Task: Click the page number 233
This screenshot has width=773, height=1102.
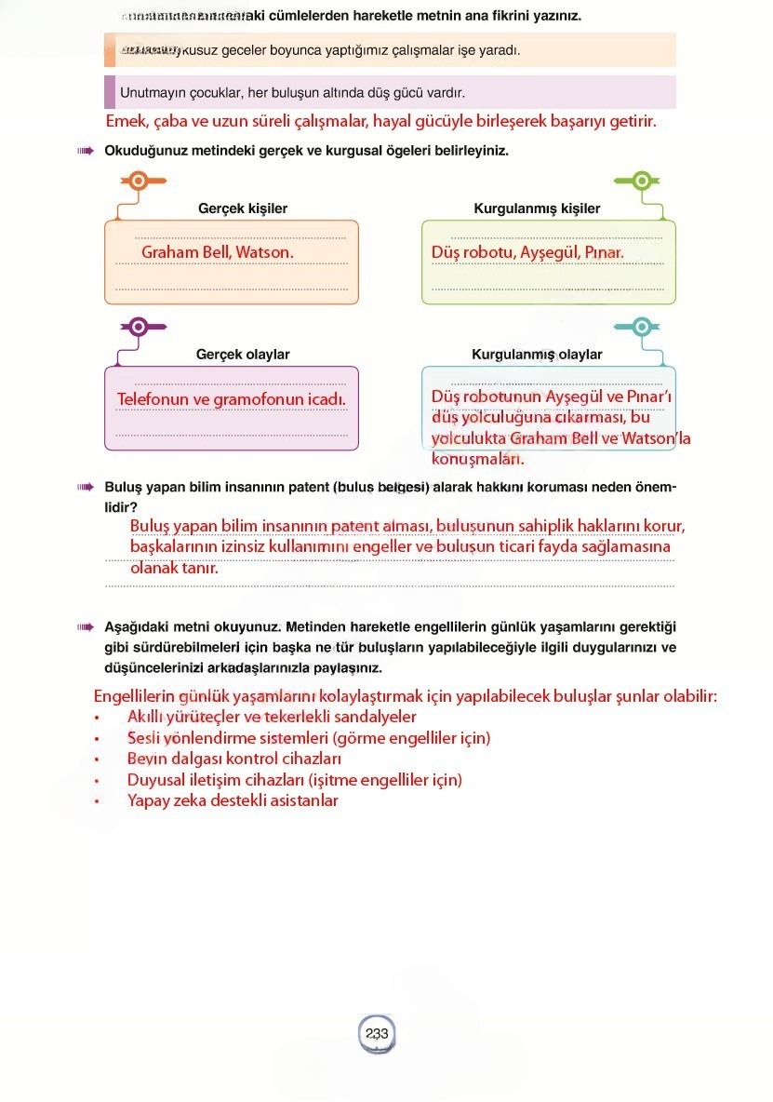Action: [377, 1033]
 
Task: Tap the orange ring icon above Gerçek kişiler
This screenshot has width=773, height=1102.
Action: [137, 181]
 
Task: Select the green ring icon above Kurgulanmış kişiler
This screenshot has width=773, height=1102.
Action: [641, 181]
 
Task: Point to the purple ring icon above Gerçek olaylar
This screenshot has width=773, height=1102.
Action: [138, 326]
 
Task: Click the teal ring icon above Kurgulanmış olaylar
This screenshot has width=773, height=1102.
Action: [641, 326]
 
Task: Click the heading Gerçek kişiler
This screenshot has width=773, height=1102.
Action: [243, 208]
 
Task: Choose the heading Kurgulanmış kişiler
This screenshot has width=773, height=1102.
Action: [537, 208]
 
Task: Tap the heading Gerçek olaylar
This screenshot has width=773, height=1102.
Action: [243, 355]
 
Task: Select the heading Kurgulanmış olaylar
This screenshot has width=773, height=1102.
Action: [537, 355]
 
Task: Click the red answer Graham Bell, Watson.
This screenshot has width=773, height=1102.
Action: [217, 252]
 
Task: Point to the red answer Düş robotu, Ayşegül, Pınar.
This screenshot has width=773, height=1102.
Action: [527, 252]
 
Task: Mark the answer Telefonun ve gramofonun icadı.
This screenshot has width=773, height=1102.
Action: [232, 399]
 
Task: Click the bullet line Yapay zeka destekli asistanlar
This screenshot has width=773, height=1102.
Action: [233, 800]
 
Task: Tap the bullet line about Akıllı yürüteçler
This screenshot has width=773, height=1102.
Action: [272, 717]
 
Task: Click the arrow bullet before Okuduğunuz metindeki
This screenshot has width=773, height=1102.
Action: [87, 151]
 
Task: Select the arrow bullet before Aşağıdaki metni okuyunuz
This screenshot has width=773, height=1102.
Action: [87, 627]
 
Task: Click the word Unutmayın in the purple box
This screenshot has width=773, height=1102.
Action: [150, 93]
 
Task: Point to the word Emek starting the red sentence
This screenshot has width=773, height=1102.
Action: [126, 122]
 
